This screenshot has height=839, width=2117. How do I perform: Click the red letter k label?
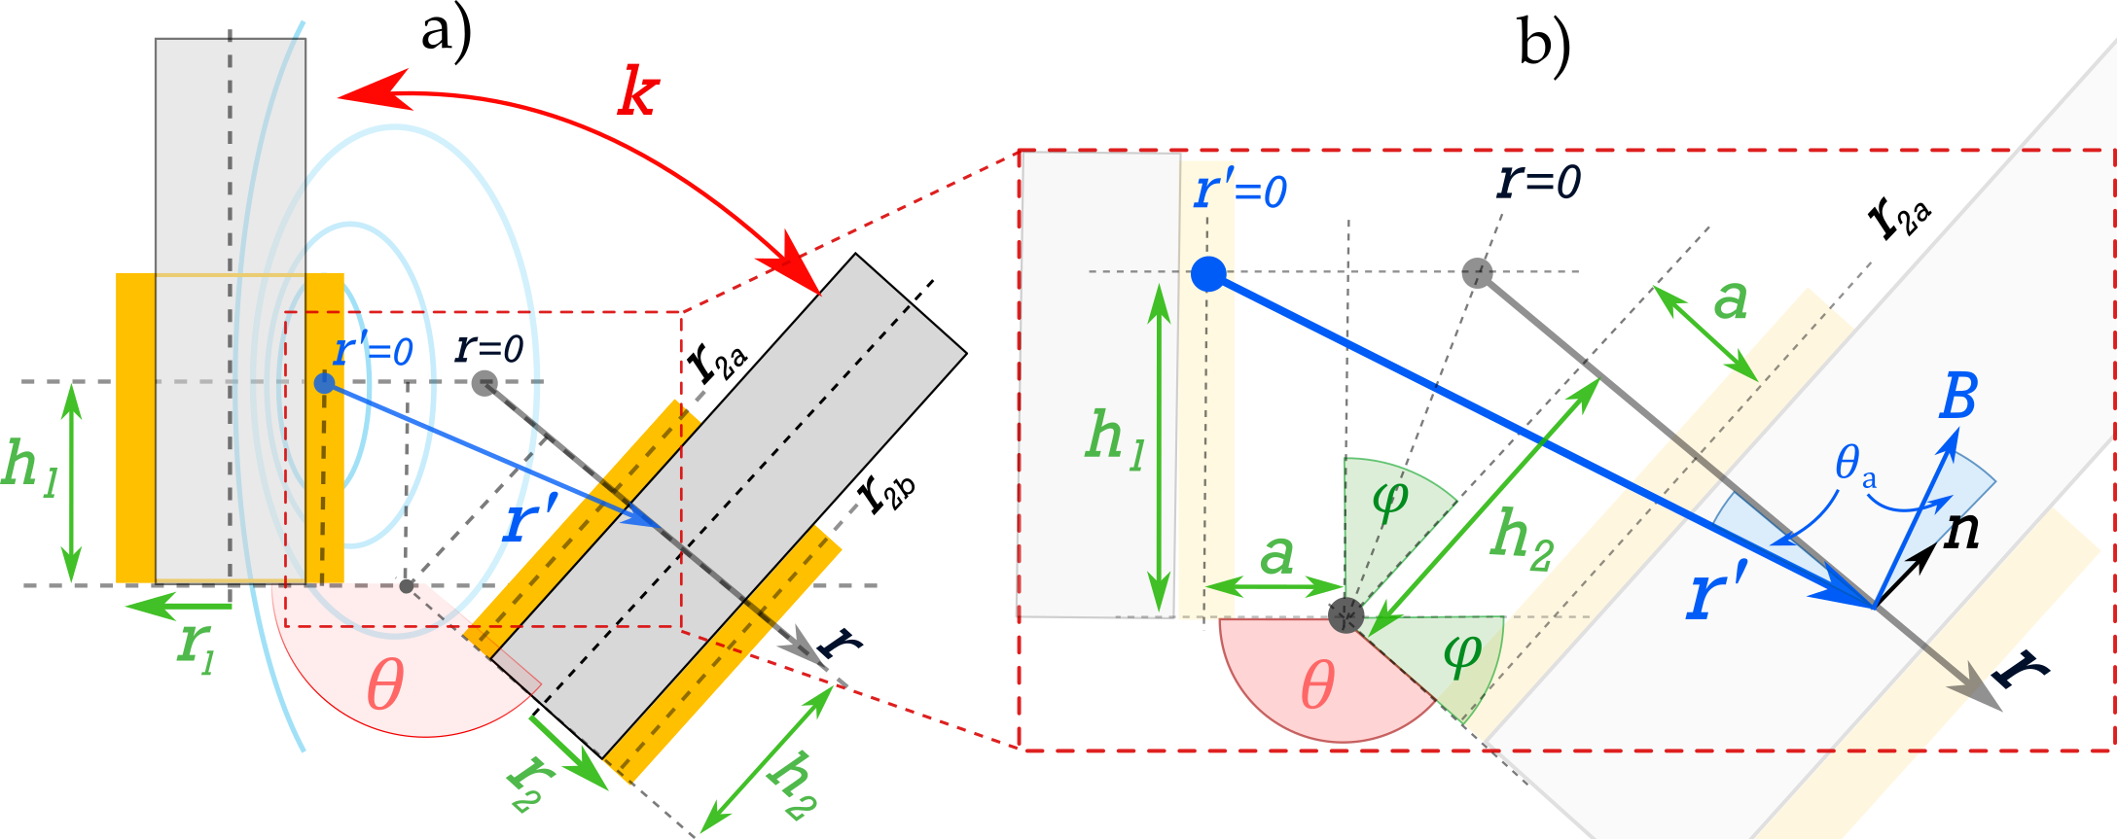tap(638, 93)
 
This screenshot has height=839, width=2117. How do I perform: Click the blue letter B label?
tap(1957, 397)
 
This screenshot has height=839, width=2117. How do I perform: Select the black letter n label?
tap(1961, 532)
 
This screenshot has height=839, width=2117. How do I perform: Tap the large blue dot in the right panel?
tap(1208, 274)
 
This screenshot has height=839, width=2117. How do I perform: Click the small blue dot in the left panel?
tap(324, 383)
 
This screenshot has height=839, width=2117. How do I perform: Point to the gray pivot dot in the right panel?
tap(1346, 614)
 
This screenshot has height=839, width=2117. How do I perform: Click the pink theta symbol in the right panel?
tap(1317, 685)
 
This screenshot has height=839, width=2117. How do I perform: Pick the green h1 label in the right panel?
tap(1115, 439)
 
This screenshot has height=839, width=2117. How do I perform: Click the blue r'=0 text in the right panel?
tap(1240, 190)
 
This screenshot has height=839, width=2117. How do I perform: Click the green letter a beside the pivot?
tap(1276, 555)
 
